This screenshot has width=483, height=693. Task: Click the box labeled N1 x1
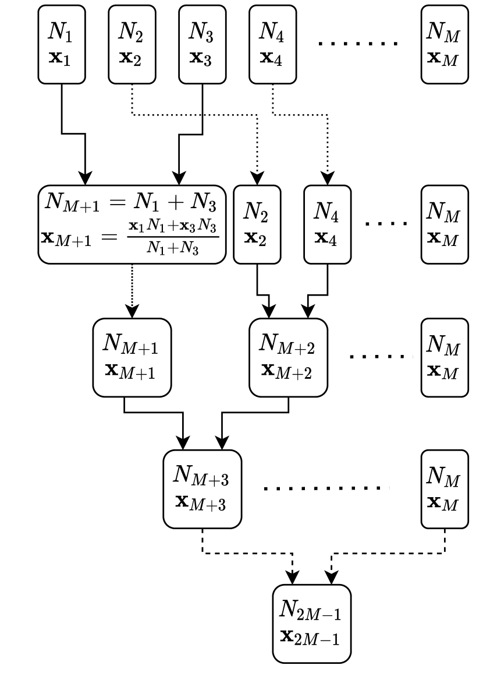click(x=62, y=44)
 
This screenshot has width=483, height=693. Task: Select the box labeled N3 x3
click(x=203, y=44)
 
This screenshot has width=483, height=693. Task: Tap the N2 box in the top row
click(x=132, y=44)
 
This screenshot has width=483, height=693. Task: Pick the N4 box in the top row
click(x=272, y=44)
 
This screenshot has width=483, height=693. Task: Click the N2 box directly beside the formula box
click(x=257, y=224)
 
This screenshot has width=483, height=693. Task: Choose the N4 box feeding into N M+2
click(x=327, y=224)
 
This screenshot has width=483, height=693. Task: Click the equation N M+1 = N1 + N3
click(x=131, y=202)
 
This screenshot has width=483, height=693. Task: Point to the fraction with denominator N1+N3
click(x=173, y=237)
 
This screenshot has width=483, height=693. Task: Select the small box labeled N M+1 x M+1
click(x=132, y=357)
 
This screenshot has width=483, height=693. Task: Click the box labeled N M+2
click(x=289, y=357)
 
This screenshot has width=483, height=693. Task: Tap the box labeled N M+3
click(x=203, y=489)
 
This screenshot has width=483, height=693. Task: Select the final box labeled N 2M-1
click(x=312, y=624)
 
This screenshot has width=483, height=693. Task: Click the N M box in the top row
click(x=445, y=44)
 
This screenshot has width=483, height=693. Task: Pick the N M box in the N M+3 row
click(x=445, y=489)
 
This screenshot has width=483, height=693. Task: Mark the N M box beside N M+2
click(x=445, y=357)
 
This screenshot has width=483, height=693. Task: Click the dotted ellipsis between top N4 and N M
click(x=358, y=44)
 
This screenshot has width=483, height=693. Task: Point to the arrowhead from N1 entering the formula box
click(x=85, y=178)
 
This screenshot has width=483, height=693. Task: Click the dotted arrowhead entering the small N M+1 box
click(x=132, y=311)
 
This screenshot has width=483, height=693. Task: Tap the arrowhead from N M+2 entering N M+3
click(x=222, y=443)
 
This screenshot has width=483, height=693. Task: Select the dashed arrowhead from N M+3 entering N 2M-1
click(x=292, y=577)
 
